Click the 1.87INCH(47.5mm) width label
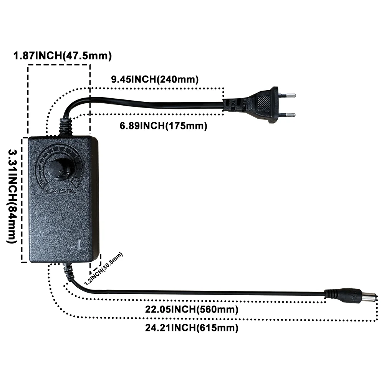pos(63,56)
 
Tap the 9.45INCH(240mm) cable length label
pos(155,79)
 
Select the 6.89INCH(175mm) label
pos(163,126)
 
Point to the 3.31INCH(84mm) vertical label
pos(12,196)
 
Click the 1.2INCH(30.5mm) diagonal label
pos(103,269)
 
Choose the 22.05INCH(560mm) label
pos(192,309)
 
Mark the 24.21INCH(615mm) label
pos(192,328)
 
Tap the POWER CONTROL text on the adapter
pos(60,191)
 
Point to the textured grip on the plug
pos(264,103)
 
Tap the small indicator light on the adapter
pos(79,245)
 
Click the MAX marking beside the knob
pos(76,182)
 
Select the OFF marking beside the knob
pos(43,182)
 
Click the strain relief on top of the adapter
pos(65,127)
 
